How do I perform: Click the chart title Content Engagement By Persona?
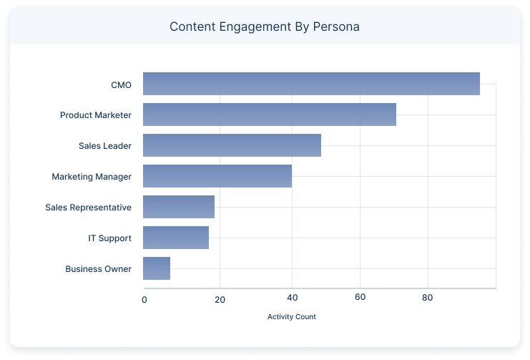coord(265,27)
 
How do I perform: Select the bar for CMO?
coord(311,84)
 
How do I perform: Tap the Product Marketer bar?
coord(270,115)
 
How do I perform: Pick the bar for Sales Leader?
coord(232,145)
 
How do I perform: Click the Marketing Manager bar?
coord(217,176)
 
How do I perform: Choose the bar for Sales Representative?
coord(179,207)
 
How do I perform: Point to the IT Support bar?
coord(176,238)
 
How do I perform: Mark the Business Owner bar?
coord(157,268)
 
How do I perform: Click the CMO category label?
coord(121,84)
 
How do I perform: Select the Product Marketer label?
coord(96,115)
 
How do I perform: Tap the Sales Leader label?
coord(105,146)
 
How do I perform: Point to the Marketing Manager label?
coord(92,177)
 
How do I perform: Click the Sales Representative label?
coord(88,208)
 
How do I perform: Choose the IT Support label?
coord(109,238)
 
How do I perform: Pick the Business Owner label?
coord(98,269)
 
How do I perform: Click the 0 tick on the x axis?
coord(144,298)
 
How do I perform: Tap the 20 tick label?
coord(220,298)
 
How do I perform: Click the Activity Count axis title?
coord(291,316)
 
